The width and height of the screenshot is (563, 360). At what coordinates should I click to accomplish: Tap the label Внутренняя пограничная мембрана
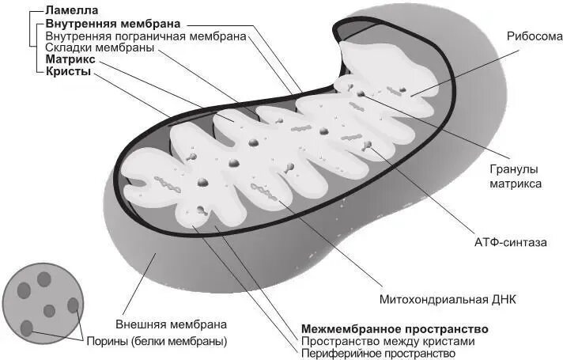click(x=146, y=36)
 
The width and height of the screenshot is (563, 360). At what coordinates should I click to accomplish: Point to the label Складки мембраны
click(x=100, y=47)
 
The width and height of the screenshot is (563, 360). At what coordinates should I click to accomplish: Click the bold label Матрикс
click(x=71, y=59)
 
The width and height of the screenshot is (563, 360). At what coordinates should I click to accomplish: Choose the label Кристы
click(x=68, y=71)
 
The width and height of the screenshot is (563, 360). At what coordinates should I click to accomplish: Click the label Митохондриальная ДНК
click(x=448, y=300)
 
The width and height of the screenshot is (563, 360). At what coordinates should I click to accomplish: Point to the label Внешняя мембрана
click(x=172, y=324)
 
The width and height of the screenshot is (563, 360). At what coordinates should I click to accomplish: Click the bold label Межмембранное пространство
click(x=395, y=328)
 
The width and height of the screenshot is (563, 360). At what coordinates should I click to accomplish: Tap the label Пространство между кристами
click(x=387, y=341)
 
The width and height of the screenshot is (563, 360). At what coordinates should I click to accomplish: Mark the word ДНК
click(x=502, y=300)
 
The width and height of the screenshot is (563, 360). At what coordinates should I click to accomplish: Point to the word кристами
click(x=448, y=341)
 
